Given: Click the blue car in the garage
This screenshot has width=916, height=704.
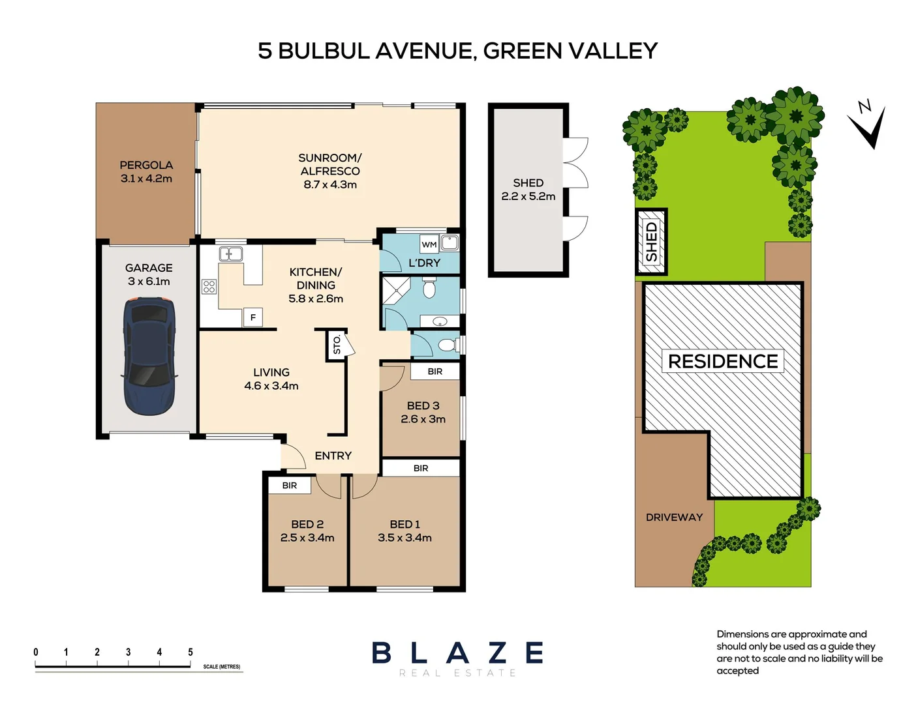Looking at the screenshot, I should pos(149,356).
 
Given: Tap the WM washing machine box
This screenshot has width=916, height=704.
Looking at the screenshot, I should pos(429,244).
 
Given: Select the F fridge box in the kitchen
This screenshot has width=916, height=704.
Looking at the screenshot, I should pos(252,317).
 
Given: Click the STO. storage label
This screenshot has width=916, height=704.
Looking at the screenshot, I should pos(337,344).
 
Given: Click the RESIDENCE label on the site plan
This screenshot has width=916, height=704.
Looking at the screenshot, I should pos(723,361).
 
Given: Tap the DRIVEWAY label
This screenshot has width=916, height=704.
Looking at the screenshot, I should pos(674,517).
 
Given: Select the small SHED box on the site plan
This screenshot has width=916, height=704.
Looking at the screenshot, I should pos(651,242).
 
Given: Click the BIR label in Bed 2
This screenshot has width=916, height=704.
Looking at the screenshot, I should pos(290,486).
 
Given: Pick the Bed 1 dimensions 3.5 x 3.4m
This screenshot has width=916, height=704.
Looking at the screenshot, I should pos(405,538).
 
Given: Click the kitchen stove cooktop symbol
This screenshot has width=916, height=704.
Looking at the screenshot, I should pos(209,286).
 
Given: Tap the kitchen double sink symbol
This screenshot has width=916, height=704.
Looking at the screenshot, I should pos(230,254).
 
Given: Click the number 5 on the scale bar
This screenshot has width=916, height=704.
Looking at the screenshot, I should pos(191,652).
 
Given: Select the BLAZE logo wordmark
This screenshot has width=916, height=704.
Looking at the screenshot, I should pos(457,653).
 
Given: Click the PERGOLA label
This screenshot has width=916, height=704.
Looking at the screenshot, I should pos(146,165).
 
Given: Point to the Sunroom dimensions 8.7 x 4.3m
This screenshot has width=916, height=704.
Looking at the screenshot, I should pos(330,184).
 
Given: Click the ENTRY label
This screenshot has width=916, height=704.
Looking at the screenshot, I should pos(333,456).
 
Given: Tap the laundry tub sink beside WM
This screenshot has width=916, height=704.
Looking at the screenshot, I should pos(450,243).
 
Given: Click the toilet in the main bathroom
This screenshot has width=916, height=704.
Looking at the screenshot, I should pos(429,287).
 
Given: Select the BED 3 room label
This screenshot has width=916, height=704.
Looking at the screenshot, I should pos(423,405).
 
